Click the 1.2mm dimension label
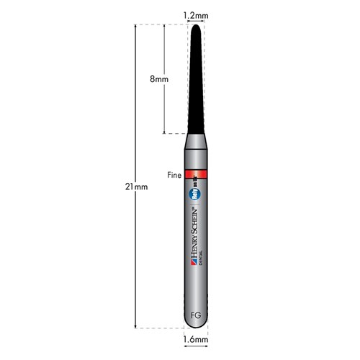[196, 14]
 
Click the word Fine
[173, 175]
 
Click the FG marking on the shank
[195, 315]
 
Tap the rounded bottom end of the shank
[196, 325]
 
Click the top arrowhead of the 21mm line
[135, 27]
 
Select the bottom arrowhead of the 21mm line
[135, 327]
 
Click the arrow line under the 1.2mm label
[196, 22]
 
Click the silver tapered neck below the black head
[196, 144]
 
